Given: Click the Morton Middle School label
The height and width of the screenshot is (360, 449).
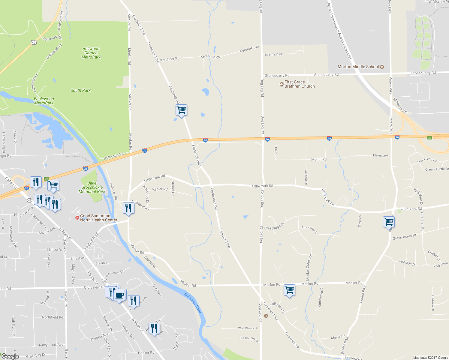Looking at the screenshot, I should point(358,67).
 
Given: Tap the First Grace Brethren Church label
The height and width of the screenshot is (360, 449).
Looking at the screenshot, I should point(299,84).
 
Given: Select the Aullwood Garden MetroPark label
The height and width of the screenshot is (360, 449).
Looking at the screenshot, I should point(91,53).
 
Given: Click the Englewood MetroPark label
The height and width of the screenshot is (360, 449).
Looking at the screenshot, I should point(44,101).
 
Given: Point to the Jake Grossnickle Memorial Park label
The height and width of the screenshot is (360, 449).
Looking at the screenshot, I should point(92,187).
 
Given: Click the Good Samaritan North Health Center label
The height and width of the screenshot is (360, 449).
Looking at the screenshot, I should point(98,218).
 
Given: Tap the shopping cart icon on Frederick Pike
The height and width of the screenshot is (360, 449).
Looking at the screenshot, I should point(181,110).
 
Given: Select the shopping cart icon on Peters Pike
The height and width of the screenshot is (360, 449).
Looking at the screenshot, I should point(389,222).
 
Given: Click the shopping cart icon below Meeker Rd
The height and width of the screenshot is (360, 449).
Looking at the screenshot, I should point(289,290).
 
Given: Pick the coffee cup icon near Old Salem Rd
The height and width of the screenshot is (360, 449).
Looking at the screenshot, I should point(119,295).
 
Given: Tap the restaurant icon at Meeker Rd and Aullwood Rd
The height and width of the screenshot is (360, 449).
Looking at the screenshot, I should point(128,208).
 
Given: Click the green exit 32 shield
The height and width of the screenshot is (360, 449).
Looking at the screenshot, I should point(430,137).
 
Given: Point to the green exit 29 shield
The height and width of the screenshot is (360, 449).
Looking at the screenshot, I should point(46,179).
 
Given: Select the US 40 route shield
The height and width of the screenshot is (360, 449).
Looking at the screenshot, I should point(34,43).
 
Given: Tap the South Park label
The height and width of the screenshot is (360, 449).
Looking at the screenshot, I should point(80,90).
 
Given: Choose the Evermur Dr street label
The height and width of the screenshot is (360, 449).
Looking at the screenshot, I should point(273,54).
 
